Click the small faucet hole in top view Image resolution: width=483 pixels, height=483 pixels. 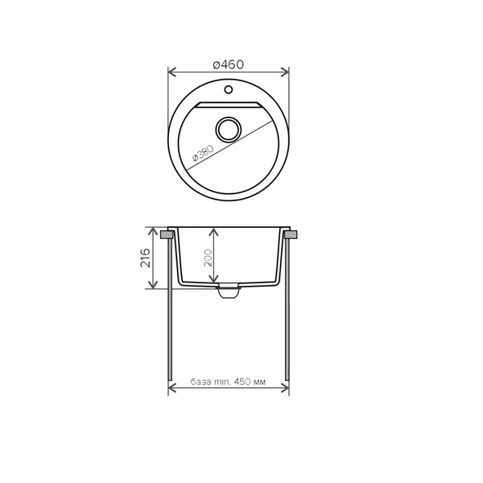[x=229, y=89]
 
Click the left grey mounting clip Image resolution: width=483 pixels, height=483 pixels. [x=167, y=234]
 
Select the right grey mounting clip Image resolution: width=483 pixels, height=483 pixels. [x=291, y=234]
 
